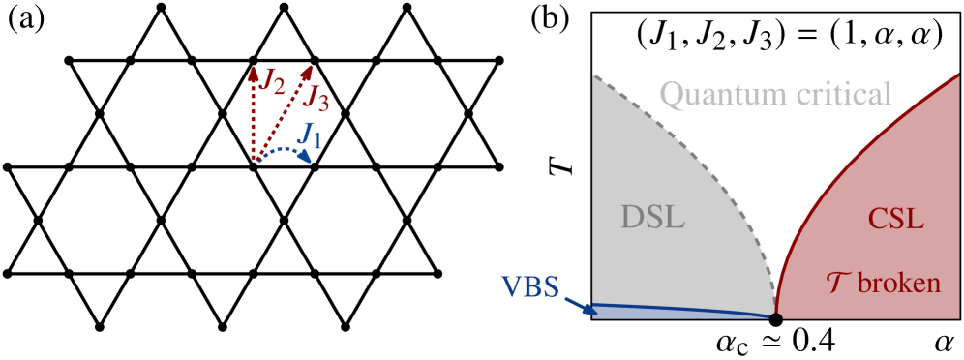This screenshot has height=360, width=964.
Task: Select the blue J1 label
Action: click(x=310, y=135)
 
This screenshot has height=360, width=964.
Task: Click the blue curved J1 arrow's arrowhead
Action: click(x=305, y=159)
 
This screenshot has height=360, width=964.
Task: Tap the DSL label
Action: click(x=652, y=218)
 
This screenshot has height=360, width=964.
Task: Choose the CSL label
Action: click(x=895, y=219)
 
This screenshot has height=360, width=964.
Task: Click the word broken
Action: click(x=899, y=284)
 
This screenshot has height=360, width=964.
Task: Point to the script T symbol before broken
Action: click(x=837, y=283)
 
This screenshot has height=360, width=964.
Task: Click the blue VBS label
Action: click(x=530, y=287)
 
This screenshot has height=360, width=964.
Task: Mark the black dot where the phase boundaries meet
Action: click(x=775, y=316)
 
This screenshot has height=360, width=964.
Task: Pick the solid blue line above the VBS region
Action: click(x=678, y=309)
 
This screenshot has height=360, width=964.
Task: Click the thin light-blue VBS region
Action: click(x=658, y=314)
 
